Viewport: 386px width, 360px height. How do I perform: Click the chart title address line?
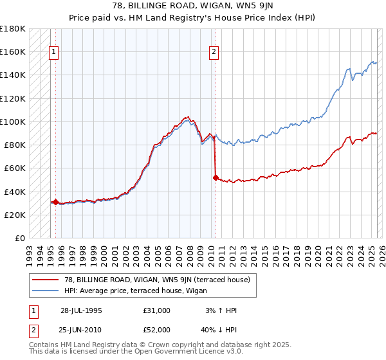[x=192, y=6]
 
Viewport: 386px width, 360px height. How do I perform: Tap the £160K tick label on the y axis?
[x=13, y=51]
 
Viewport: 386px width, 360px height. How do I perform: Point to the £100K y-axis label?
[x=13, y=122]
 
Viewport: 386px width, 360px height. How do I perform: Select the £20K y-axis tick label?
[x=15, y=215]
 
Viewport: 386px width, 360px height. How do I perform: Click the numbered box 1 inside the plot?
[x=54, y=53]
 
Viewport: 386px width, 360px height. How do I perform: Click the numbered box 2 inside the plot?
[x=214, y=53]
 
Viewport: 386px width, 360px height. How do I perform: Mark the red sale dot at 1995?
[x=56, y=202]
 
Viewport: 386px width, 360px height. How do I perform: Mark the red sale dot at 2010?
[x=216, y=177]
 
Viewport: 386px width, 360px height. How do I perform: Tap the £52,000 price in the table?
[x=157, y=329]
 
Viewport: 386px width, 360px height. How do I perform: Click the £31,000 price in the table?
[x=157, y=310]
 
